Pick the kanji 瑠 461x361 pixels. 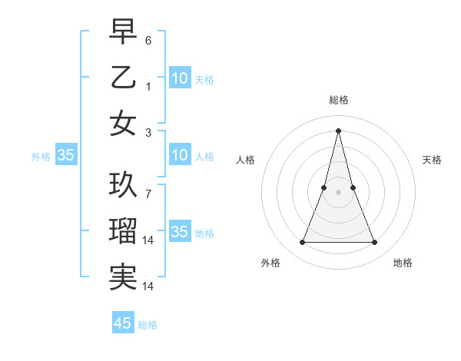coord(123,230)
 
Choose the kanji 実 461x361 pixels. coord(123,277)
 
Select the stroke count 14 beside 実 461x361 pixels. coord(150,286)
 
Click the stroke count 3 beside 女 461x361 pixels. coord(148,133)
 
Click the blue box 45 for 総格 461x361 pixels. coord(123,323)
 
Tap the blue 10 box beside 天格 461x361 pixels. coord(179,78)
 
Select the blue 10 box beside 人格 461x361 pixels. coord(179,156)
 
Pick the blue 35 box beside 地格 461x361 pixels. coord(179,232)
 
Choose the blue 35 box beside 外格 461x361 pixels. coord(65,156)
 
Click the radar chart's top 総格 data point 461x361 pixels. coord(338,131)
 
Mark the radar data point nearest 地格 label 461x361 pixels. coord(374,243)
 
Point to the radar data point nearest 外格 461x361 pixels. coord(302,243)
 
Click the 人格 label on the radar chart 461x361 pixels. coord(246,160)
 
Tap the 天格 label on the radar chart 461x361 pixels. coord(432,160)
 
